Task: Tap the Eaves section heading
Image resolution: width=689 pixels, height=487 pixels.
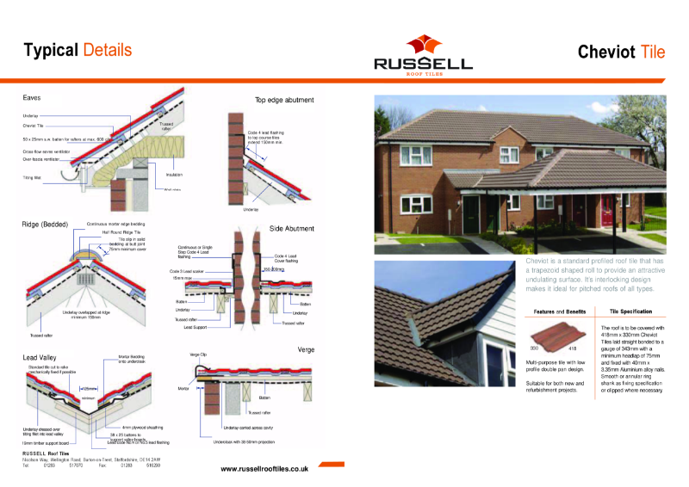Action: [32, 98]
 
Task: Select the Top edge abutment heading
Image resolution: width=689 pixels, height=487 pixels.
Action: [284, 100]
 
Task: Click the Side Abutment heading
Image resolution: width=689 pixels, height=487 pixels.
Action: [293, 229]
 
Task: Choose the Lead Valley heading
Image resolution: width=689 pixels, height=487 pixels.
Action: [42, 356]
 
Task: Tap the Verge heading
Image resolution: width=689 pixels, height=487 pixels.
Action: [306, 350]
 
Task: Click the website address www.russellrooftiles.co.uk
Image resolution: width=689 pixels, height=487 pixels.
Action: [264, 469]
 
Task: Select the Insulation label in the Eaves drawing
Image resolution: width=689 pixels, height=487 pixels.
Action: [174, 174]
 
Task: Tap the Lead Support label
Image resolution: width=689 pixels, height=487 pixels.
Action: [194, 327]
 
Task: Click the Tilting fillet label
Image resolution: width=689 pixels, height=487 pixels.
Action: [32, 177]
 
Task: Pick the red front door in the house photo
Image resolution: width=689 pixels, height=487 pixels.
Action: [608, 210]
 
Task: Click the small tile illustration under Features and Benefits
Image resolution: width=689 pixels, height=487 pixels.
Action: [548, 336]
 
